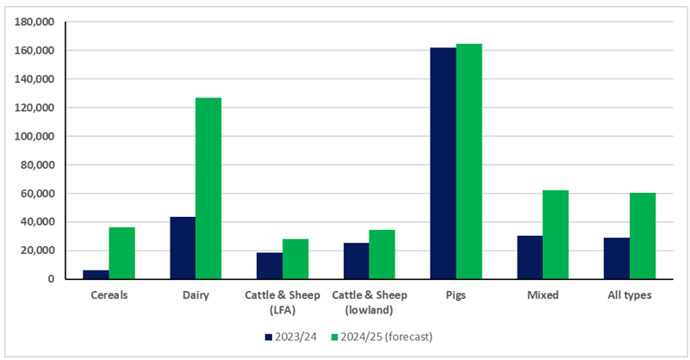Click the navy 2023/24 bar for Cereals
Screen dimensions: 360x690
pyautogui.click(x=96, y=274)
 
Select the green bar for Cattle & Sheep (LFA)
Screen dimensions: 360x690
pyautogui.click(x=295, y=259)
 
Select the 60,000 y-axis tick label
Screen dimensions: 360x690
pyautogui.click(x=40, y=194)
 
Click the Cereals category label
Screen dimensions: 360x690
pyautogui.click(x=109, y=295)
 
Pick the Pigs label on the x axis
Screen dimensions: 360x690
pyautogui.click(x=456, y=295)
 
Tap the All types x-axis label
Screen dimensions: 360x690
pyautogui.click(x=629, y=295)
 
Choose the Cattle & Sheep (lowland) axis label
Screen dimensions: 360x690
pyautogui.click(x=369, y=301)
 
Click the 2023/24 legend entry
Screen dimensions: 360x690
pyautogui.click(x=294, y=335)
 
